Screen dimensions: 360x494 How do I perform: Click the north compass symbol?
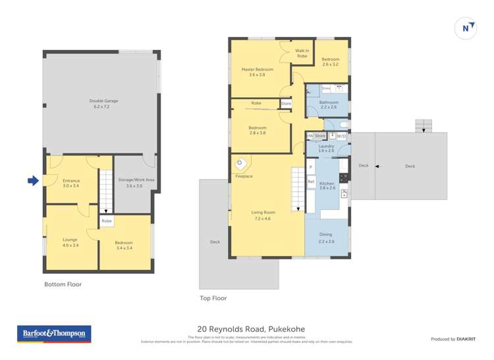click(466, 28)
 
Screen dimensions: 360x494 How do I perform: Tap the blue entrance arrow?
click(33, 180)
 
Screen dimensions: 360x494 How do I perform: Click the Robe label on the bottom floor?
click(107, 221)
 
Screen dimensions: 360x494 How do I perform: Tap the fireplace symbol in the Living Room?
click(242, 163)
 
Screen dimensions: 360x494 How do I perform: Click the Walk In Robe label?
click(302, 53)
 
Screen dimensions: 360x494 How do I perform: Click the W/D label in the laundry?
click(341, 136)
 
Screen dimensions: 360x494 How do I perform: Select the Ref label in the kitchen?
click(311, 182)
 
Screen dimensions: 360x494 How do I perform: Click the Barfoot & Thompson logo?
click(54, 334)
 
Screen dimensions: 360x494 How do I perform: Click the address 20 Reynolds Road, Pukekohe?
click(251, 329)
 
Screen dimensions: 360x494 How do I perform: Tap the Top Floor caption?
click(213, 298)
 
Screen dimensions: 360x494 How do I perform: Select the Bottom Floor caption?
click(63, 284)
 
